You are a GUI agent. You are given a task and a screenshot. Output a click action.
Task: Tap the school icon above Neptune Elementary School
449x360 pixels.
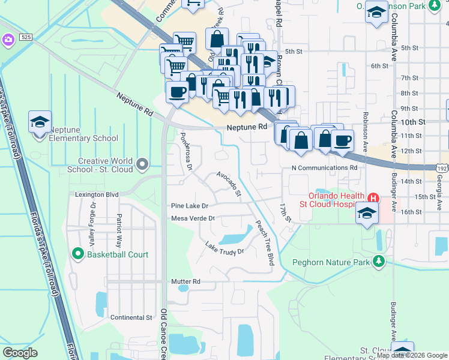point(40,122)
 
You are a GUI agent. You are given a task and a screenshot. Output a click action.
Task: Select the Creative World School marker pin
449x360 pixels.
point(142,163)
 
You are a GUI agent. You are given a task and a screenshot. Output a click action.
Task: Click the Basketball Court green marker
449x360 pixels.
point(77,254)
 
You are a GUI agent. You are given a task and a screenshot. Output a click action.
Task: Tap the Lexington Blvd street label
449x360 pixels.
point(97,195)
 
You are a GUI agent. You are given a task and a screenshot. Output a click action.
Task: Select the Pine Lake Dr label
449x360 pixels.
point(189,206)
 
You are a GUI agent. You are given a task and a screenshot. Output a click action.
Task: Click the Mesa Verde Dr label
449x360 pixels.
point(193,218)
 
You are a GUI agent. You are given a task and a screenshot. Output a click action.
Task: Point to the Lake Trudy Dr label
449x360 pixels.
point(224,248)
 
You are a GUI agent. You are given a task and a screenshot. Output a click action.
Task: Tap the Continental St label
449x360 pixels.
point(131,317)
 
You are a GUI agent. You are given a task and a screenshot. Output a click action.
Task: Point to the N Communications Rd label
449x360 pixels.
point(324,169)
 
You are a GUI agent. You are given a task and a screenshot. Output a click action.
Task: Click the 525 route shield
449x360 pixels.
point(25,37)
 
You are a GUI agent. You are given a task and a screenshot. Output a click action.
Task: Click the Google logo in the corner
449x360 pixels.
point(20,352)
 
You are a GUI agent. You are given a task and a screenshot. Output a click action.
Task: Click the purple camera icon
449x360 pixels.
point(8,40)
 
